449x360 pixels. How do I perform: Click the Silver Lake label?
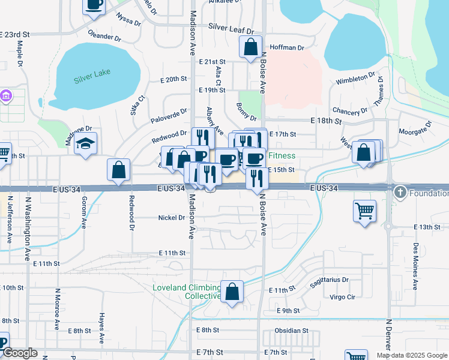pos(89,80)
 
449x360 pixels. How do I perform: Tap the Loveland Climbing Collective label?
pos(186,292)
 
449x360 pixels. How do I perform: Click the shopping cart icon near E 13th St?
pos(365,212)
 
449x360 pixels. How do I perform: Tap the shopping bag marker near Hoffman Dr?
pos(250,47)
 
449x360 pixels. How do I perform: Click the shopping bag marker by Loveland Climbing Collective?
pos(232,292)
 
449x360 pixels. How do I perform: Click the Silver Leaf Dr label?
pos(231,28)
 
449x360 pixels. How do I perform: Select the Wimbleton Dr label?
pos(355,79)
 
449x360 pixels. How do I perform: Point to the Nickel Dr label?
pos(172,218)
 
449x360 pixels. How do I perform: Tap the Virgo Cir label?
pos(343,297)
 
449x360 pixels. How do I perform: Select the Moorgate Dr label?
pos(415,127)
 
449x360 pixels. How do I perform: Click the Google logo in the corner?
pos(20,353)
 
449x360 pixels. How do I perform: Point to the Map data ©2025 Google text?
pos(412,355)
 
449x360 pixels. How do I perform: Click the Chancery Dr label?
pos(349,111)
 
